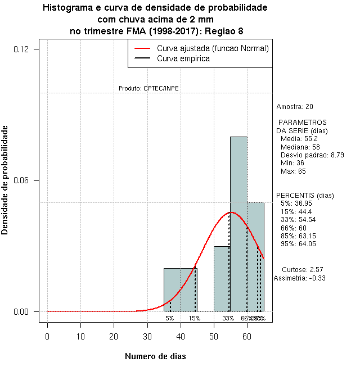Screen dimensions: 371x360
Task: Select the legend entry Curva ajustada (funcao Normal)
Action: click(x=213, y=48)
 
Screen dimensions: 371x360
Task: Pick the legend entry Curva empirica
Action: click(x=183, y=58)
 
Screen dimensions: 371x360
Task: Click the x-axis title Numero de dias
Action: click(x=155, y=356)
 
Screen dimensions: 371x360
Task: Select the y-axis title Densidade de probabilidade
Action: click(x=5, y=180)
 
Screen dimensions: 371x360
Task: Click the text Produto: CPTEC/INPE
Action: click(x=148, y=88)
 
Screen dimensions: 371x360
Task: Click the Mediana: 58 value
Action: click(x=300, y=147)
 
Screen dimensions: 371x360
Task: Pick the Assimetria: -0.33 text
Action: click(x=300, y=278)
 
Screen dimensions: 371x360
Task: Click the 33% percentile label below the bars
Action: click(x=228, y=318)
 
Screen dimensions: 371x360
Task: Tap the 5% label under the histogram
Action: click(x=169, y=318)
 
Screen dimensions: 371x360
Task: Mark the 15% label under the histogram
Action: click(x=194, y=318)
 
